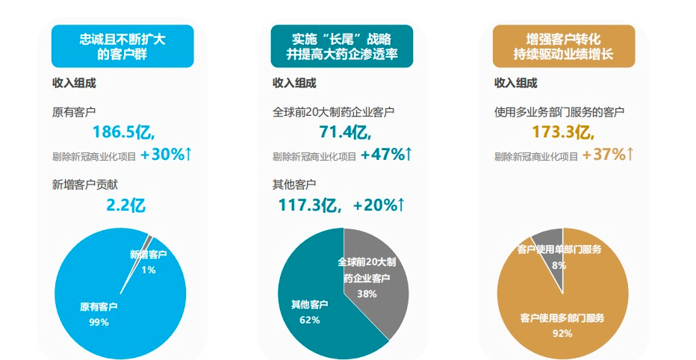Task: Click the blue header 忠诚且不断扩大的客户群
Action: [122, 46]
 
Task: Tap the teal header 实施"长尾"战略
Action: [343, 46]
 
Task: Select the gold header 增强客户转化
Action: [564, 46]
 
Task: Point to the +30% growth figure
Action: [166, 155]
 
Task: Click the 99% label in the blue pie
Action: [99, 322]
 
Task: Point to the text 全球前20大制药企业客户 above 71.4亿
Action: [333, 112]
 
